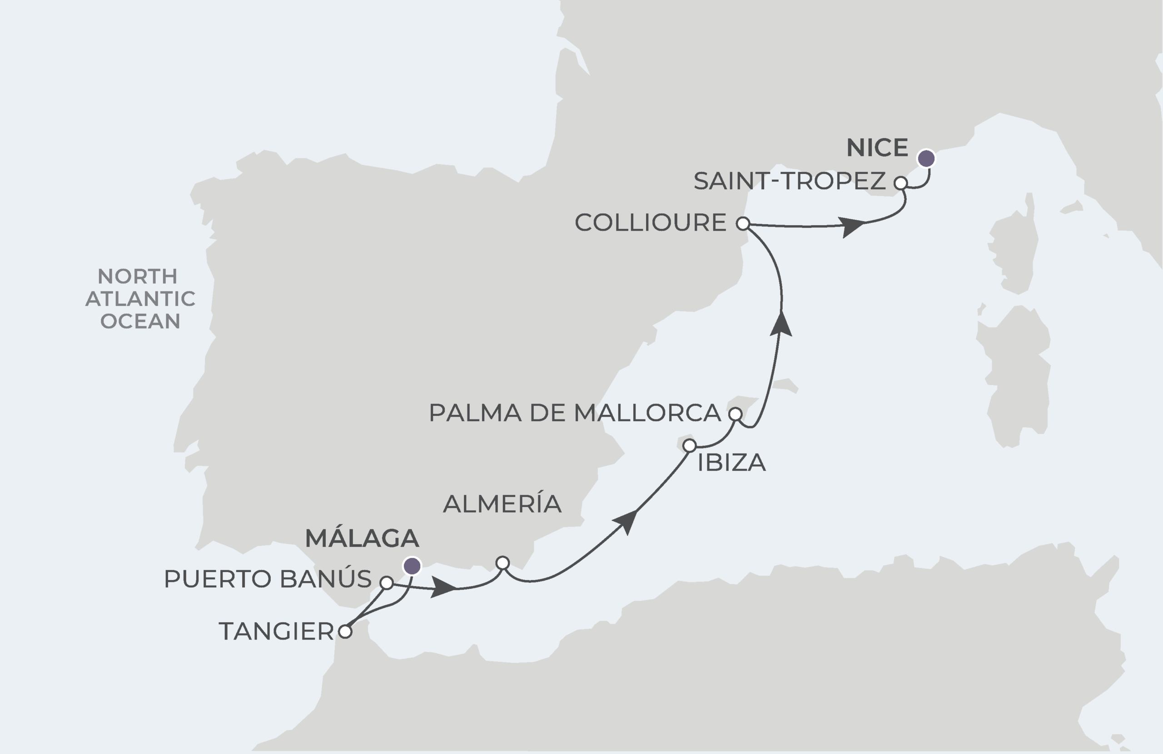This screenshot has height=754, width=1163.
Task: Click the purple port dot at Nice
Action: point(926,158)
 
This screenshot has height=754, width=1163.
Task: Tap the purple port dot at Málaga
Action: point(412,566)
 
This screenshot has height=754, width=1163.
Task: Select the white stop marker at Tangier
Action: point(345,632)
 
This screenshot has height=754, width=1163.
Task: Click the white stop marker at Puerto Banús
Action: point(387,582)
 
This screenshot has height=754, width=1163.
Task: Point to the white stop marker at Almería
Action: point(502,563)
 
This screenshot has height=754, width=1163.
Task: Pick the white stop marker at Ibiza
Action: point(689,445)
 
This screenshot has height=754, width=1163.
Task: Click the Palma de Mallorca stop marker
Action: point(735,414)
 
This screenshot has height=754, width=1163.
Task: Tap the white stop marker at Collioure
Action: point(742,224)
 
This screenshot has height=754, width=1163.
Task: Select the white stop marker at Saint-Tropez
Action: point(900,183)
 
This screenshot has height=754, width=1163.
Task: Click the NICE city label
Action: point(877,148)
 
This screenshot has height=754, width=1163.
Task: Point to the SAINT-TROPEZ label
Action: point(789,181)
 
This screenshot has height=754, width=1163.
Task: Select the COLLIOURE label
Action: point(651,223)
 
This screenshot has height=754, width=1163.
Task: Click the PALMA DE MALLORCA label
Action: point(575,413)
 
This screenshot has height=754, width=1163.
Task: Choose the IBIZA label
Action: point(731,463)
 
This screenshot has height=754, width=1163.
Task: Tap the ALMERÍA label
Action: point(502,503)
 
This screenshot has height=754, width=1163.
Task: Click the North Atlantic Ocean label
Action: point(140,298)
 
